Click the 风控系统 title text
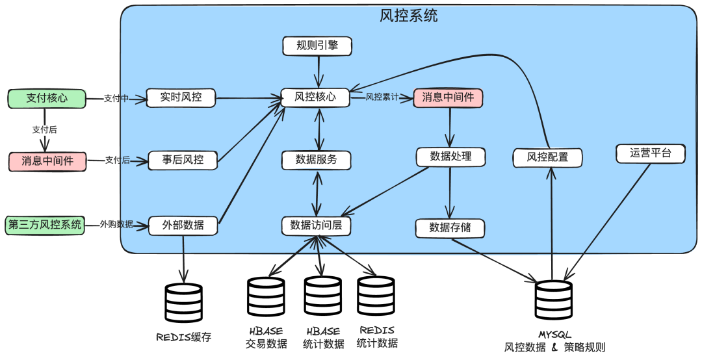(408, 16)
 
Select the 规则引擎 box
(317, 45)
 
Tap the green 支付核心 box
(47, 98)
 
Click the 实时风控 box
(181, 98)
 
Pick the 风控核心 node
(315, 97)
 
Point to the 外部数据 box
(183, 225)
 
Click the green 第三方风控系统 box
(45, 225)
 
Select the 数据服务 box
(317, 159)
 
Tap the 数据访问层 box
(317, 225)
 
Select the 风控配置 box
(547, 157)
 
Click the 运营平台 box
(650, 154)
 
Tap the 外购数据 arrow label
(116, 225)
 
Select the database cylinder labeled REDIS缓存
(184, 303)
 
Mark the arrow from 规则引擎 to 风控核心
(318, 71)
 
